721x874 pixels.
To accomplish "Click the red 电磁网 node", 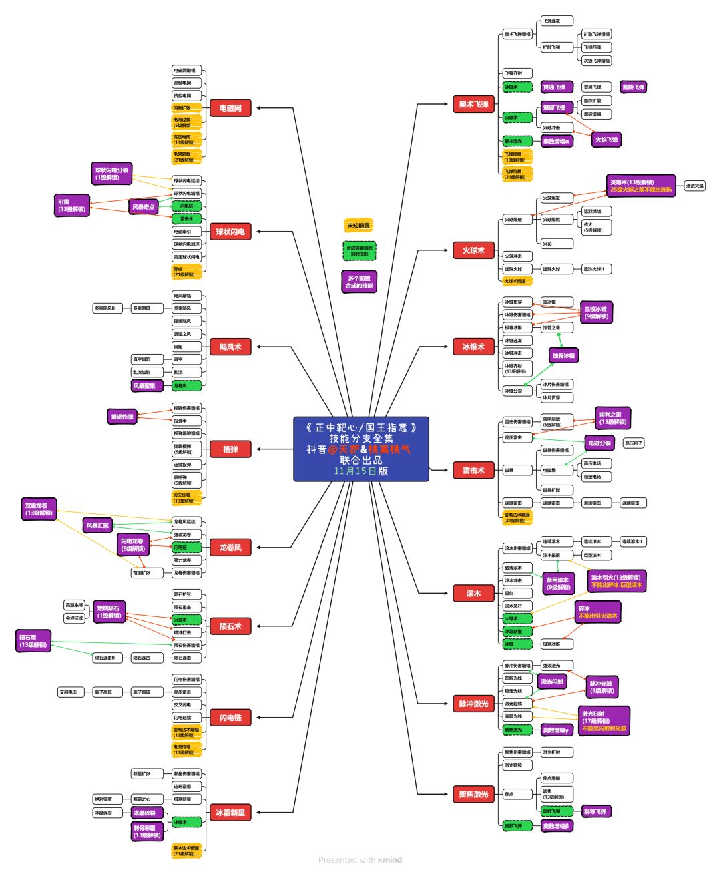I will tap(230, 108).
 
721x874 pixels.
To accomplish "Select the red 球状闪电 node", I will tap(230, 232).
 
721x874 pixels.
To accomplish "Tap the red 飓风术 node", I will tap(230, 347).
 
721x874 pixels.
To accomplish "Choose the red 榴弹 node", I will tap(230, 449).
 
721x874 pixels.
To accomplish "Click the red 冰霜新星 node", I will tap(230, 813).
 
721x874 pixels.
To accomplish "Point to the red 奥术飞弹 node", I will tap(473, 105).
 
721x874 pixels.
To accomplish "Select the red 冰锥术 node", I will tap(473, 347).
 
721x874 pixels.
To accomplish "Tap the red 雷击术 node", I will tap(473, 471).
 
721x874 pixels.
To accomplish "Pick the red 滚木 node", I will tap(473, 594).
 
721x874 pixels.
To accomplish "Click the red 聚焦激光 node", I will tap(473, 794).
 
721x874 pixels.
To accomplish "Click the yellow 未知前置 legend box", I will tap(358, 226).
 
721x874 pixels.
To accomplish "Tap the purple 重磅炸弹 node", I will tap(122, 417).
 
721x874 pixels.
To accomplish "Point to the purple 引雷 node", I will tap(71, 206).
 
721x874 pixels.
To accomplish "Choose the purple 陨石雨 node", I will tap(33, 641).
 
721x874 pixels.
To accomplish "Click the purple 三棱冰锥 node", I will tap(595, 312).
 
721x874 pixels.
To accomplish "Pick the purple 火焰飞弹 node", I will tap(606, 140).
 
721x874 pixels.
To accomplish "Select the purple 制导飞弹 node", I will tap(595, 812).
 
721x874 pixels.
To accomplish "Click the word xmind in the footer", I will tap(390, 860).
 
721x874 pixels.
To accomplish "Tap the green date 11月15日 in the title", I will tap(355, 471).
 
